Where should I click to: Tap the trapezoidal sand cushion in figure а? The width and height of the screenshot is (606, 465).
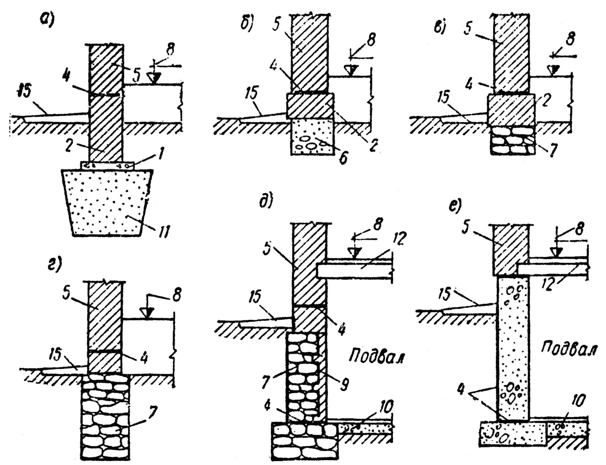(x=107, y=202)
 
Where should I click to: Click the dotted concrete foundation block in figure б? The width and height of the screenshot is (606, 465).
(x=312, y=137)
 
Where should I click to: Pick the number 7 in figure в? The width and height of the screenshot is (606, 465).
(x=553, y=151)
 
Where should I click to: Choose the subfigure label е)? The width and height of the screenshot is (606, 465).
(x=455, y=206)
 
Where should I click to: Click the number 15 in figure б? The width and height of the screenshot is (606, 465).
(x=252, y=93)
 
